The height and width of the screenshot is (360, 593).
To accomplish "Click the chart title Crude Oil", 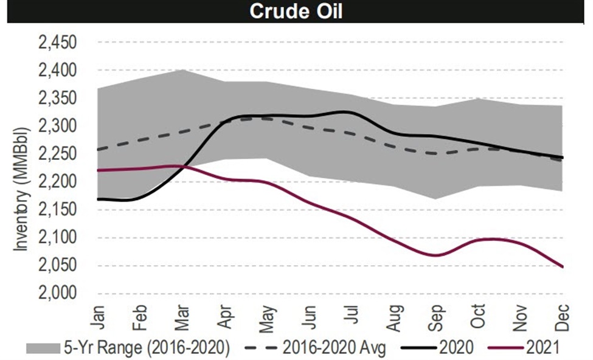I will [297, 12].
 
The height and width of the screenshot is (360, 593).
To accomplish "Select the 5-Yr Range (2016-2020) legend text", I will [146, 347].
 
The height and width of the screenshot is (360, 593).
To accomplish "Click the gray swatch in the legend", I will [43, 347].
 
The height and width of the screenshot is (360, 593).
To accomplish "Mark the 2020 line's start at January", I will [98, 199].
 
